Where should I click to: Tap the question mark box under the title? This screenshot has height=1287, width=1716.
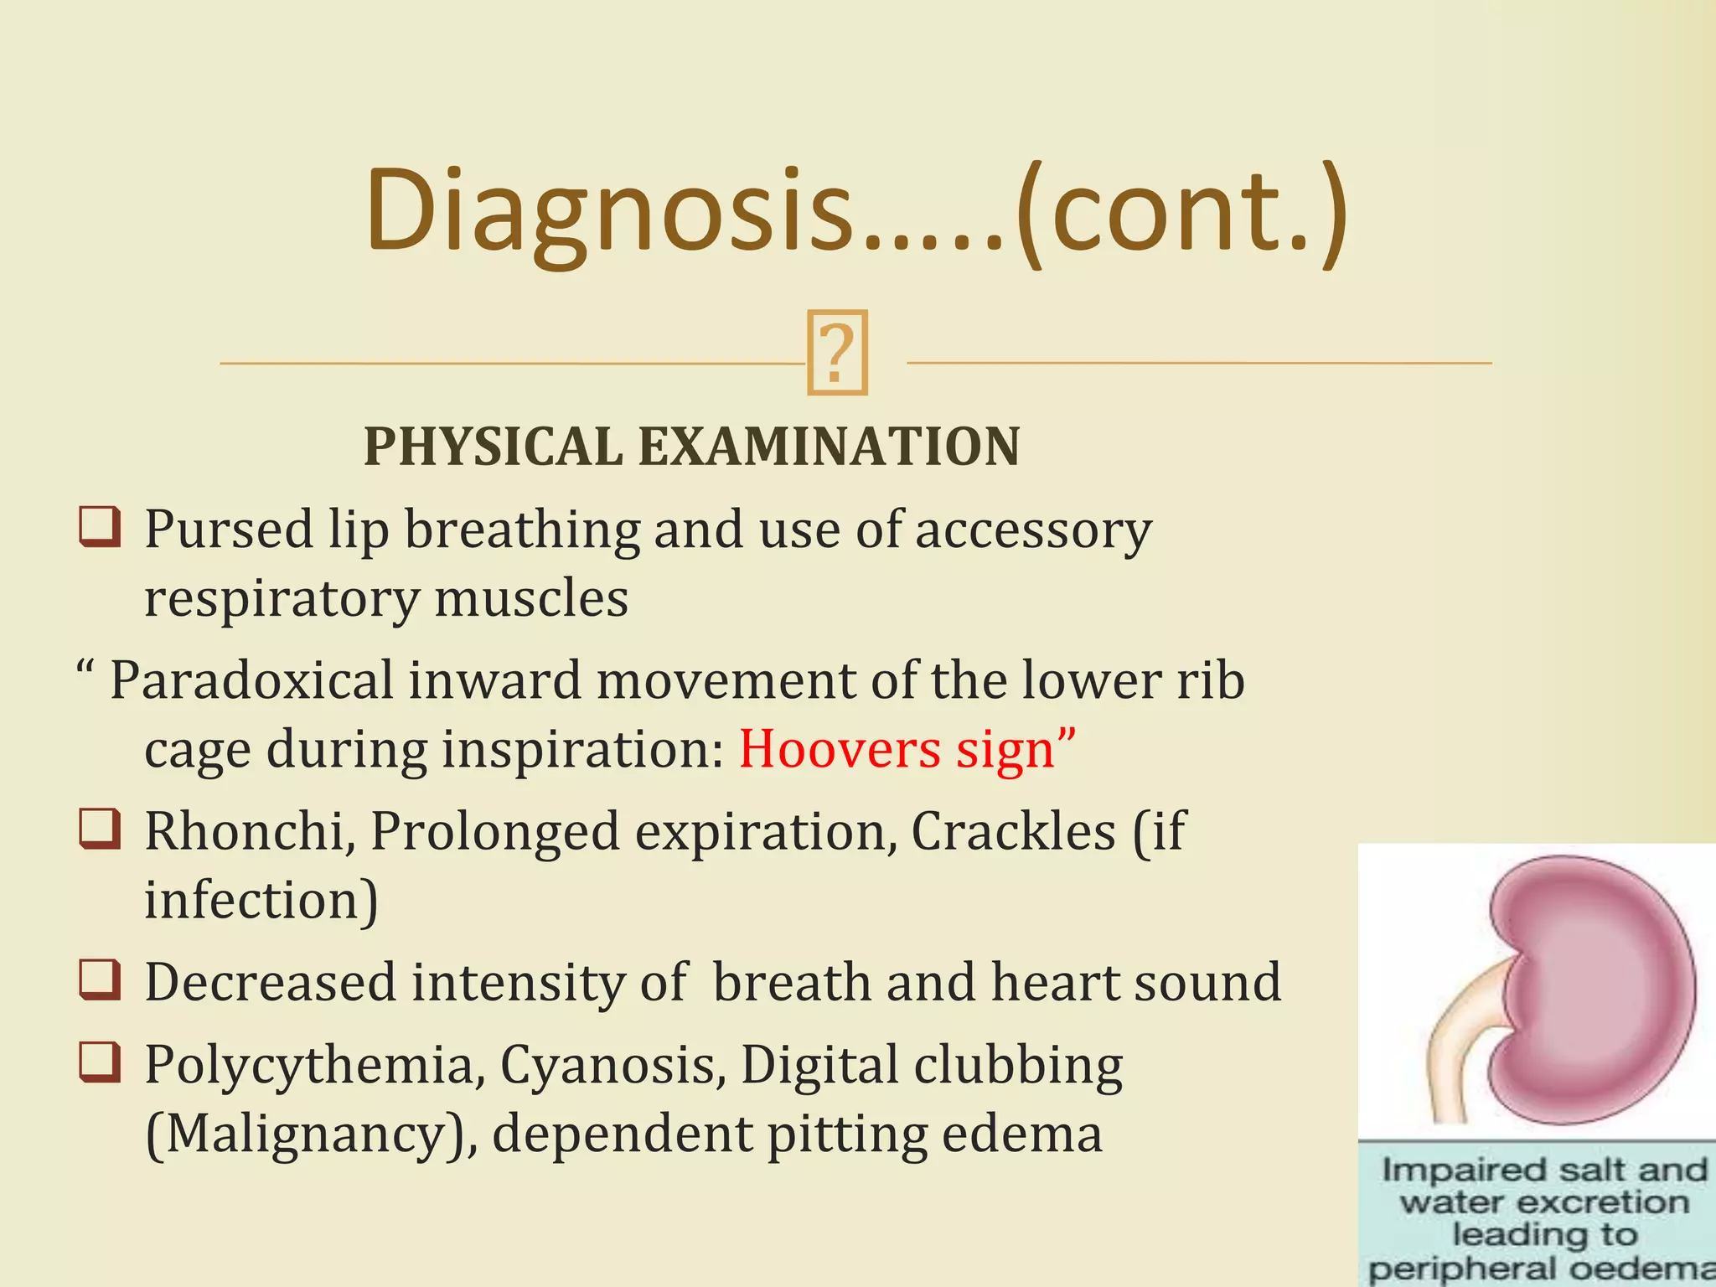click(x=836, y=353)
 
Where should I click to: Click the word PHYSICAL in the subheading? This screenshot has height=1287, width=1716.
click(x=493, y=446)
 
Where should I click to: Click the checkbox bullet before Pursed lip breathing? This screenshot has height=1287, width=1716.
click(x=100, y=528)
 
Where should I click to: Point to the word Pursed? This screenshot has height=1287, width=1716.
click(x=228, y=531)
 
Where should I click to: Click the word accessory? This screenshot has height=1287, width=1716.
click(x=1032, y=531)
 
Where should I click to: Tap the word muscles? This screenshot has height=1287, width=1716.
click(x=531, y=598)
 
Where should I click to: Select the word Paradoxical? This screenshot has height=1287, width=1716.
click(x=251, y=680)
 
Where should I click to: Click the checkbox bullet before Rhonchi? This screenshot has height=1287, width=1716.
click(x=100, y=830)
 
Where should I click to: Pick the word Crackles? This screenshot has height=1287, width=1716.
click(x=1013, y=831)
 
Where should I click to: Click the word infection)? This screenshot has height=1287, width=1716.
click(x=261, y=900)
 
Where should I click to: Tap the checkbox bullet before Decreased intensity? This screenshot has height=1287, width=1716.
click(x=100, y=980)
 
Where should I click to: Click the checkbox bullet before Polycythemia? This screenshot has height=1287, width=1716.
click(x=100, y=1063)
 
